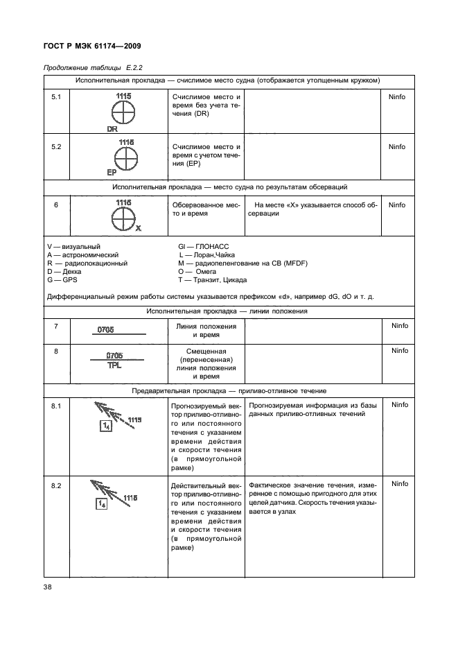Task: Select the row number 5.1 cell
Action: pyautogui.click(x=57, y=97)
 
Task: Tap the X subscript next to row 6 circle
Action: pyautogui.click(x=139, y=227)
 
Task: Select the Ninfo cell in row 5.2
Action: pyautogui.click(x=397, y=147)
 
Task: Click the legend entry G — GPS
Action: pyautogui.click(x=62, y=280)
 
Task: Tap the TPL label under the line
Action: pyautogui.click(x=114, y=365)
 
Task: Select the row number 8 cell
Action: pyautogui.click(x=57, y=352)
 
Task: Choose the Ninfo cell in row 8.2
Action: pyautogui.click(x=397, y=484)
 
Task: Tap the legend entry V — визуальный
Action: pyautogui.click(x=73, y=247)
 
